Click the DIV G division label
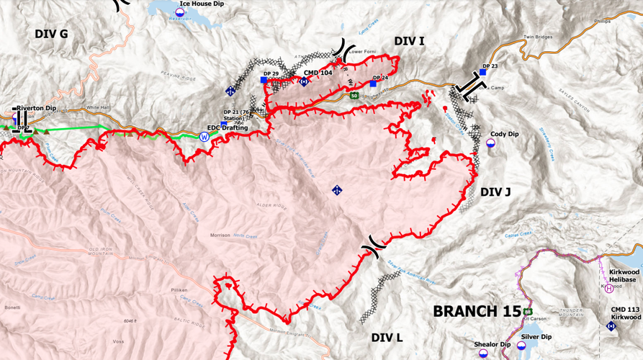point(51,34)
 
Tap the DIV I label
point(409,41)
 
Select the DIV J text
point(495,192)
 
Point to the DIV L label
point(387,337)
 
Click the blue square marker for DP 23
point(483,72)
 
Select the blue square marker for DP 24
point(373,84)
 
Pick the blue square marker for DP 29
point(264,81)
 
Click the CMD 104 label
point(318,73)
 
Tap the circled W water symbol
point(204,136)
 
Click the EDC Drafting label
point(228,128)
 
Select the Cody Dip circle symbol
point(490,144)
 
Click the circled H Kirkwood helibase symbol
point(609,289)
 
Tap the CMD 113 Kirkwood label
point(621,313)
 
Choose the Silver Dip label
point(537,336)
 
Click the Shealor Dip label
point(492,344)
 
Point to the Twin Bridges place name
point(537,37)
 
